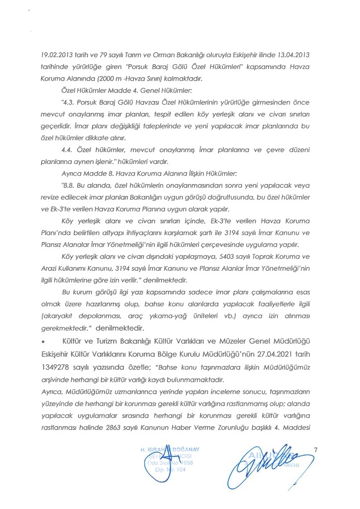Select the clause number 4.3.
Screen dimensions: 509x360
pyautogui.click(x=68, y=102)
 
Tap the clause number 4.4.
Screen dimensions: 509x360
pyautogui.click(x=68, y=149)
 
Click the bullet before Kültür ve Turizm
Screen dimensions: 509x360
pyautogui.click(x=44, y=342)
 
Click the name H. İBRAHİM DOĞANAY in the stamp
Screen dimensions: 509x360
pyautogui.click(x=171, y=450)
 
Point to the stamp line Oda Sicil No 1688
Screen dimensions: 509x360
pyautogui.click(x=171, y=463)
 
